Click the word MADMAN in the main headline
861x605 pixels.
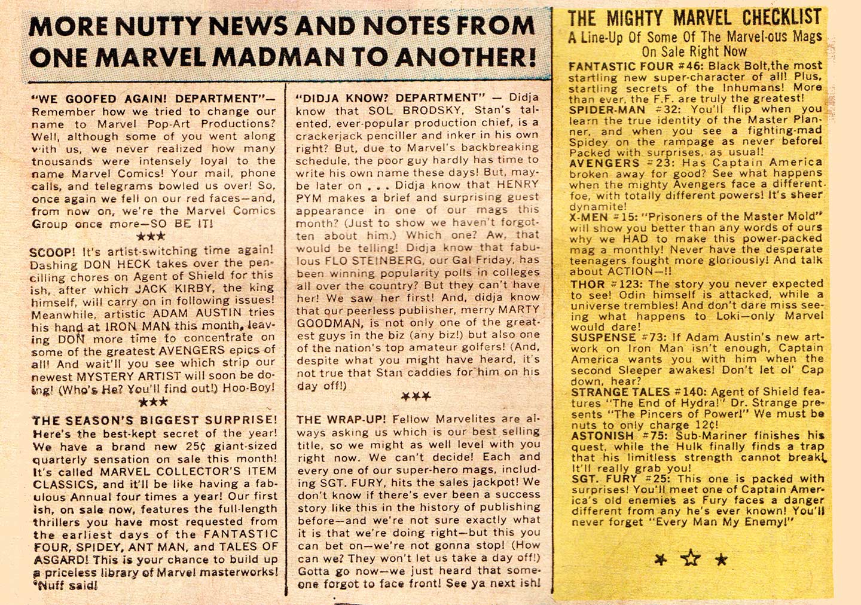pyautogui.click(x=279, y=57)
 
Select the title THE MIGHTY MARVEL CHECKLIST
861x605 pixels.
pyautogui.click(x=694, y=18)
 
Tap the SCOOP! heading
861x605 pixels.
pyautogui.click(x=53, y=252)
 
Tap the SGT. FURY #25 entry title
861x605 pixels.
pyautogui.click(x=615, y=479)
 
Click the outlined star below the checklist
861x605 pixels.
pyautogui.click(x=691, y=558)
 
